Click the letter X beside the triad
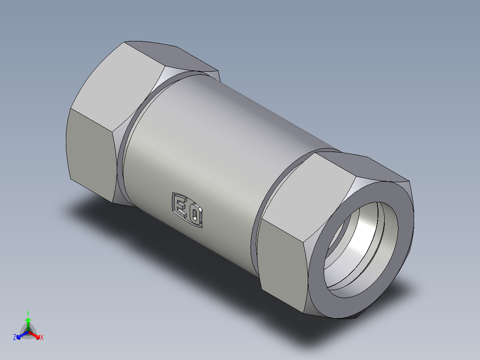(42, 338)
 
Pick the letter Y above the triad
(28, 313)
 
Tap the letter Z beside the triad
(15, 338)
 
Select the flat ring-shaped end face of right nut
(403, 232)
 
